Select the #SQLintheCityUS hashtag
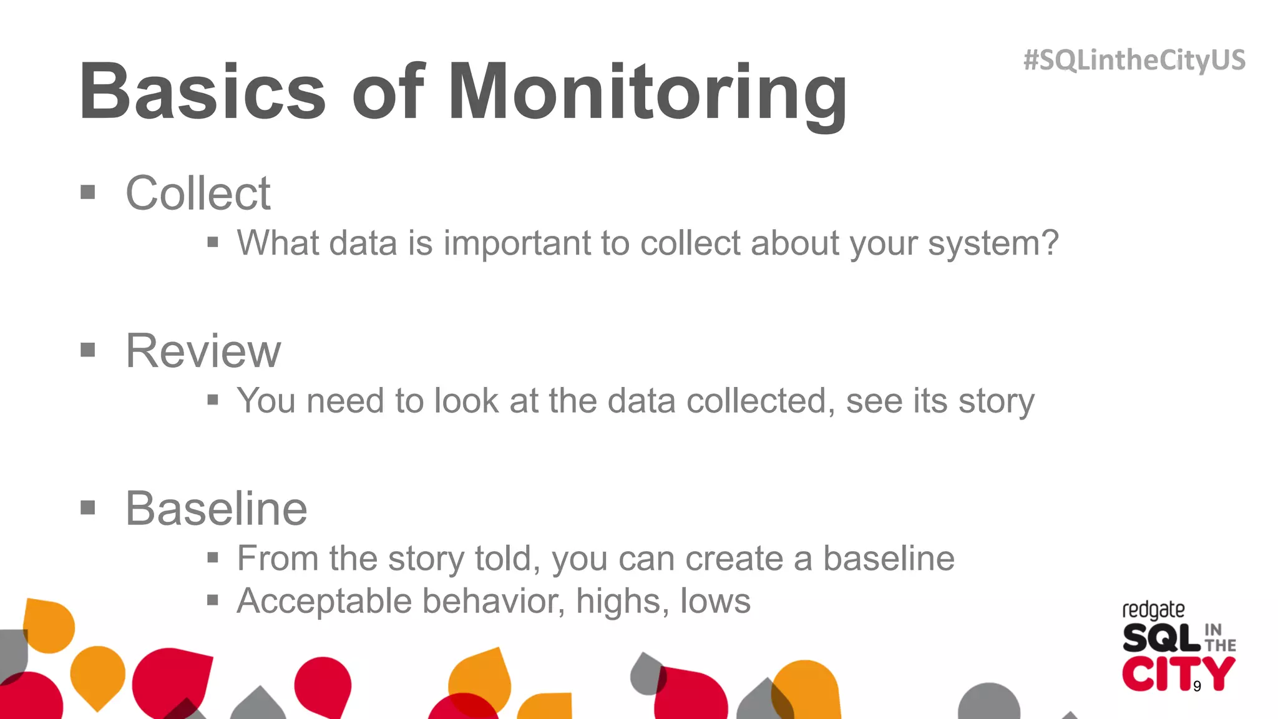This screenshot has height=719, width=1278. tap(1134, 60)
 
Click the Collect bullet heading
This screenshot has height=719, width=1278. tap(198, 193)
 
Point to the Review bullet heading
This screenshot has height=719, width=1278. tap(203, 351)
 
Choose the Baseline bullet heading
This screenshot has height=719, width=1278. tap(216, 509)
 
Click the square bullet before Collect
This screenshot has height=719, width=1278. tap(88, 192)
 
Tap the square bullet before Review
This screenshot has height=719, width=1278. tap(88, 350)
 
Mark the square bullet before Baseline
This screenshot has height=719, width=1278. tap(88, 508)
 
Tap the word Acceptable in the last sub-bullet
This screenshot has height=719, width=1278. tap(324, 601)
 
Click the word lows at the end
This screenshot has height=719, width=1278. tap(715, 601)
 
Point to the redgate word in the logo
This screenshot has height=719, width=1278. tap(1153, 610)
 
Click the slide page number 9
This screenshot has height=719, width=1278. tap(1197, 687)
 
